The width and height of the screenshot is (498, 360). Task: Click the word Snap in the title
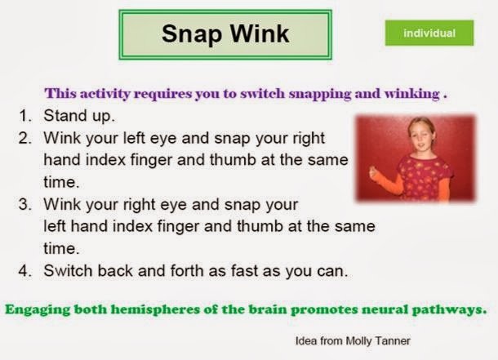tap(189, 34)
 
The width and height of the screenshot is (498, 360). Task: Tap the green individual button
tap(429, 33)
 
